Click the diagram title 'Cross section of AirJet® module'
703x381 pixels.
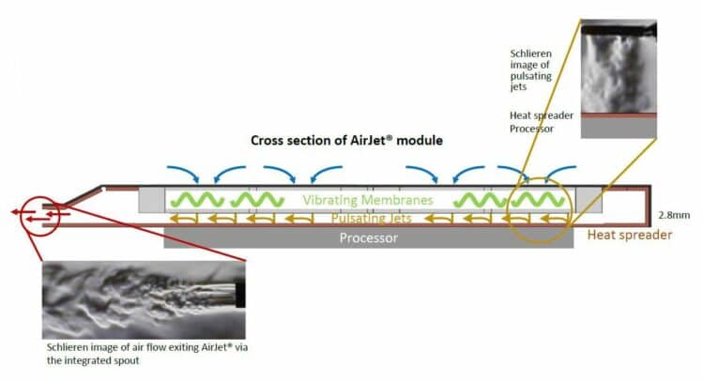pos(346,141)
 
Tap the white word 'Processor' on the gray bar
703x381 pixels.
pos(369,237)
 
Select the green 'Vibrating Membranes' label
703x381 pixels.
pos(368,200)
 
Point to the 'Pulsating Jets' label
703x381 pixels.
pos(372,219)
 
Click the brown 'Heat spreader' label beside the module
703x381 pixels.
pos(630,235)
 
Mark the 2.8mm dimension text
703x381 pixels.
pos(674,215)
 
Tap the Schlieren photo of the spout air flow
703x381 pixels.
pos(144,300)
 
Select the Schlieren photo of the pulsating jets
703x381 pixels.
pos(619,79)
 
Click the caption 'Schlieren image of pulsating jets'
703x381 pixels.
pos(531,70)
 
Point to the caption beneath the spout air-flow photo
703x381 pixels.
pos(147,354)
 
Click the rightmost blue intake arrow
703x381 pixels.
pos(558,171)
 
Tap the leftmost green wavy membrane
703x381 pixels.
pos(197,200)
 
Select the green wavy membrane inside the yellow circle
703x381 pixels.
pos(538,200)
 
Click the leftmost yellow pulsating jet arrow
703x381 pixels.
pos(183,219)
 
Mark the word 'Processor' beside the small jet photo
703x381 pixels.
pos(532,129)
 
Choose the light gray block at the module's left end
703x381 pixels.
pos(151,200)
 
